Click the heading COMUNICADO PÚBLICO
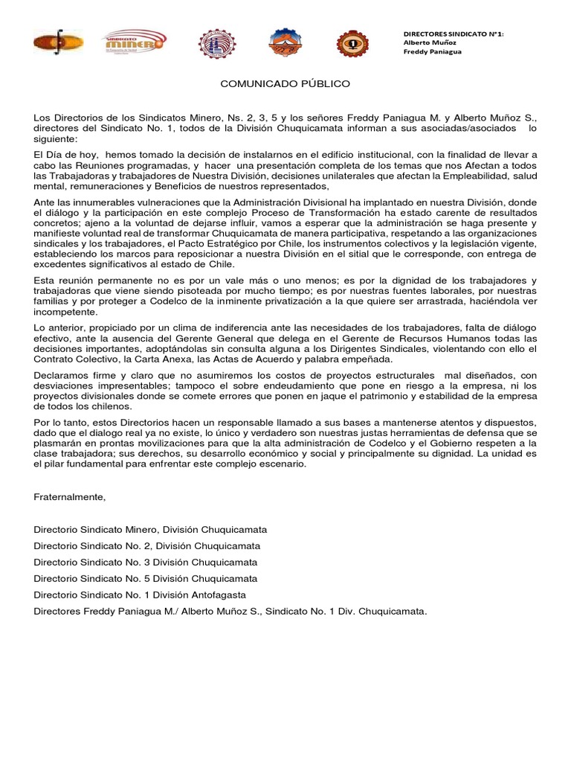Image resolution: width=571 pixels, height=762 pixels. (285, 84)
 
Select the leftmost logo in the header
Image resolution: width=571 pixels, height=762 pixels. (58, 43)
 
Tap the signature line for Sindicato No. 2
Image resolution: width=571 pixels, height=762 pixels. (146, 545)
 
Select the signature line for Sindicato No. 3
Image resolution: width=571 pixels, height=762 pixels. (146, 562)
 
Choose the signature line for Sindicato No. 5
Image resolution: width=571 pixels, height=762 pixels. (146, 578)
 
